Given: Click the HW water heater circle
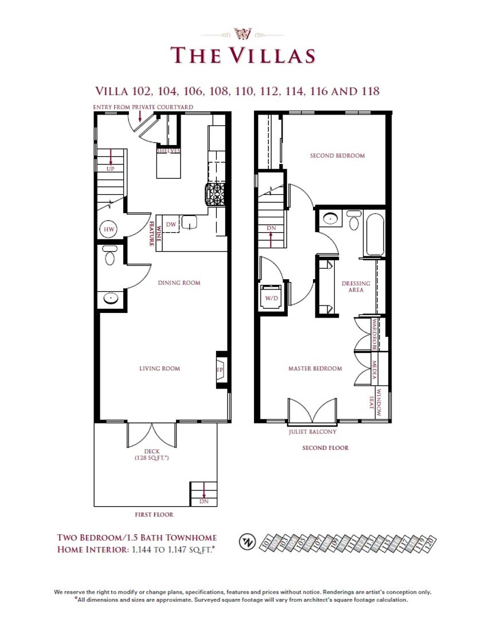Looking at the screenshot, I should click(x=108, y=229).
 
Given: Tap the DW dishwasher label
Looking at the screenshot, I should click(x=171, y=225).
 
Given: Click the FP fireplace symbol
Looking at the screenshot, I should click(x=219, y=370).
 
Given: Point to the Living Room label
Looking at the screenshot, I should click(x=159, y=369).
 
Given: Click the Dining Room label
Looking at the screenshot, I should click(x=179, y=283).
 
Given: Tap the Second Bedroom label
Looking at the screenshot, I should click(x=337, y=155).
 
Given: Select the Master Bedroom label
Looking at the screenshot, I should click(x=315, y=369).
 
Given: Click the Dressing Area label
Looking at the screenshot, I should click(x=356, y=287).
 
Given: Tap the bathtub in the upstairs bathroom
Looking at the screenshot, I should click(x=376, y=235).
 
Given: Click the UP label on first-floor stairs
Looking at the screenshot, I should click(x=110, y=170).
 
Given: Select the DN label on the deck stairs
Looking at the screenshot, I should click(x=204, y=502).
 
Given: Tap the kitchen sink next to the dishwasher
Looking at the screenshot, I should click(x=190, y=222).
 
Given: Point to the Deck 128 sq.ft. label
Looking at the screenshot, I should click(x=152, y=455).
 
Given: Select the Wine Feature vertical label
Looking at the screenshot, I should click(x=152, y=233).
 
